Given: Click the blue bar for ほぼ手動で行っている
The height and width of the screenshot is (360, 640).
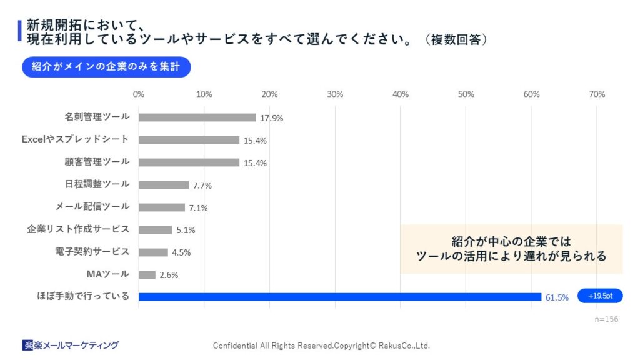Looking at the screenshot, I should click(339, 297).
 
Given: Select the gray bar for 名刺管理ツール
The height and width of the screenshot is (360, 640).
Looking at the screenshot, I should click(197, 117).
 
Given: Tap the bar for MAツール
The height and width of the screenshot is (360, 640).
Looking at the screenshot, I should click(147, 275).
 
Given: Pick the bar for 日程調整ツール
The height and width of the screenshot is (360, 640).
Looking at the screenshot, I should click(164, 185).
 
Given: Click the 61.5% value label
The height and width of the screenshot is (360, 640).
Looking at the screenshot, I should click(557, 297).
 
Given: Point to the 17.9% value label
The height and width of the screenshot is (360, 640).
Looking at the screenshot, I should click(271, 118).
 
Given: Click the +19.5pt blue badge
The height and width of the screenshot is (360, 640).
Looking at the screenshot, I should click(599, 296).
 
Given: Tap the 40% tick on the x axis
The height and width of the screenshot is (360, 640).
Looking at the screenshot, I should click(401, 94).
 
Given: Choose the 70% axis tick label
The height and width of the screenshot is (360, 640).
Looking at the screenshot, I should click(597, 94).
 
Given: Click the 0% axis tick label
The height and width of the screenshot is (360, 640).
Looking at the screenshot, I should click(139, 94).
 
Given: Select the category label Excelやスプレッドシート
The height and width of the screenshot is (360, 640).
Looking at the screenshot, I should click(76, 139).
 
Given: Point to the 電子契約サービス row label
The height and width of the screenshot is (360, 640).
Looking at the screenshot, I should click(92, 252).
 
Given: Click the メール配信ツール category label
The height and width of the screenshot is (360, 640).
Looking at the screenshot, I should click(92, 207).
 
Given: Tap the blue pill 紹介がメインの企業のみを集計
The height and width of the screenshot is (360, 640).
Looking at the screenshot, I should click(106, 67).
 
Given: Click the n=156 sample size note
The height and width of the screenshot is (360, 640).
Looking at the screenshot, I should click(606, 319).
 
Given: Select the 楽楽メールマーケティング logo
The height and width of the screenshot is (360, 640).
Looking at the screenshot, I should click(71, 345).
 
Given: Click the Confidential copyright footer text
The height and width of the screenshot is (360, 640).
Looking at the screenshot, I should click(321, 346).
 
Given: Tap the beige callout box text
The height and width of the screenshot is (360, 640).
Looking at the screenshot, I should click(511, 249).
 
